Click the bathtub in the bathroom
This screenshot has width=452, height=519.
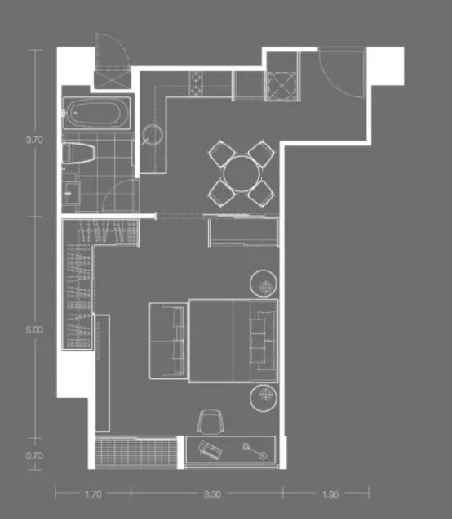[96, 114]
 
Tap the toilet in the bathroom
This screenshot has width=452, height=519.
[78, 154]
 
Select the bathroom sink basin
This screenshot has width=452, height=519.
[72, 193]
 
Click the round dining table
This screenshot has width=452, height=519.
[242, 174]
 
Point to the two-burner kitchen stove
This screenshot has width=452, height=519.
[196, 84]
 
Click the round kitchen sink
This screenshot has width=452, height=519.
[153, 134]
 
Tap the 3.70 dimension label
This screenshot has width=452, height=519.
[34, 140]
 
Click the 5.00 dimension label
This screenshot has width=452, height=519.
[34, 329]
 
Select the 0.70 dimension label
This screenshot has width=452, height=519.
[34, 455]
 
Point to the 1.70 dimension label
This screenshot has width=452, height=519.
[93, 494]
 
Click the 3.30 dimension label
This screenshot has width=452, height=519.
[212, 494]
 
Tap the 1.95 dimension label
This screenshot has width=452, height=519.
[330, 494]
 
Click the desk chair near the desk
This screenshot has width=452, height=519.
[210, 421]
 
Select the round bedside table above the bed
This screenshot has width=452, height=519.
[264, 284]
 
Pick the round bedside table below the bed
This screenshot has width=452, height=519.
[264, 398]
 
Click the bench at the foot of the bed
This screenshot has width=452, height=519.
[169, 341]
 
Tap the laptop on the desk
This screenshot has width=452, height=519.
[210, 449]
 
